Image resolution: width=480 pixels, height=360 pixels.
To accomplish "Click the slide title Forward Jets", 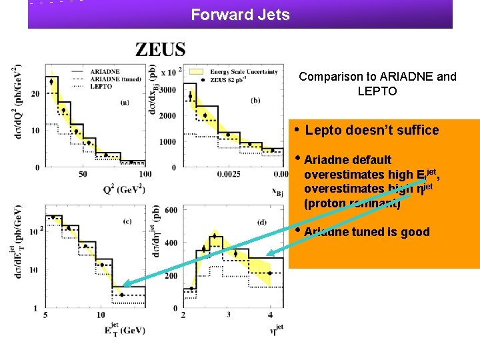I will (240, 14).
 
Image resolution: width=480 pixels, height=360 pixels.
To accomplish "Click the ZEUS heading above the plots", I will (161, 49).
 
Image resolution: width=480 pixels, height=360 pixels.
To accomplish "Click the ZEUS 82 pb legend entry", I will (230, 79).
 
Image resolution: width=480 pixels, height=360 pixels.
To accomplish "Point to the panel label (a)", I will (125, 102).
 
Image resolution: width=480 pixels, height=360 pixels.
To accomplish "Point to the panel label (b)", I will (255, 101).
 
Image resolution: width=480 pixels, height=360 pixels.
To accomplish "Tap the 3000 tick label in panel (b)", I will (167, 89).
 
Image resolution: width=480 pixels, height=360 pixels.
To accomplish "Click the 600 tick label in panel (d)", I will (171, 210).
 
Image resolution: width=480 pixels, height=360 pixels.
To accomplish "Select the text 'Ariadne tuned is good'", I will (366, 232).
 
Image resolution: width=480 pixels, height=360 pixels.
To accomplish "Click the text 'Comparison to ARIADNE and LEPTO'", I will (377, 83).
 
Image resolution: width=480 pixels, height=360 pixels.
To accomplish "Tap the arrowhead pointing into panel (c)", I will (125, 285).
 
